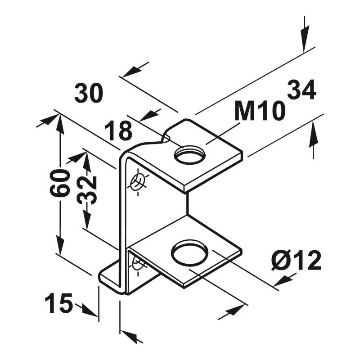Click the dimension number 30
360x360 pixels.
88,93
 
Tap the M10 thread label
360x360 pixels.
260,111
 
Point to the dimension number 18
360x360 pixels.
118,131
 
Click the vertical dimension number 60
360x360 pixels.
60,183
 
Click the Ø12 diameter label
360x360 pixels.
296,260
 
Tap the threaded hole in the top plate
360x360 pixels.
189,155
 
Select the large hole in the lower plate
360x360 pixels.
190,253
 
